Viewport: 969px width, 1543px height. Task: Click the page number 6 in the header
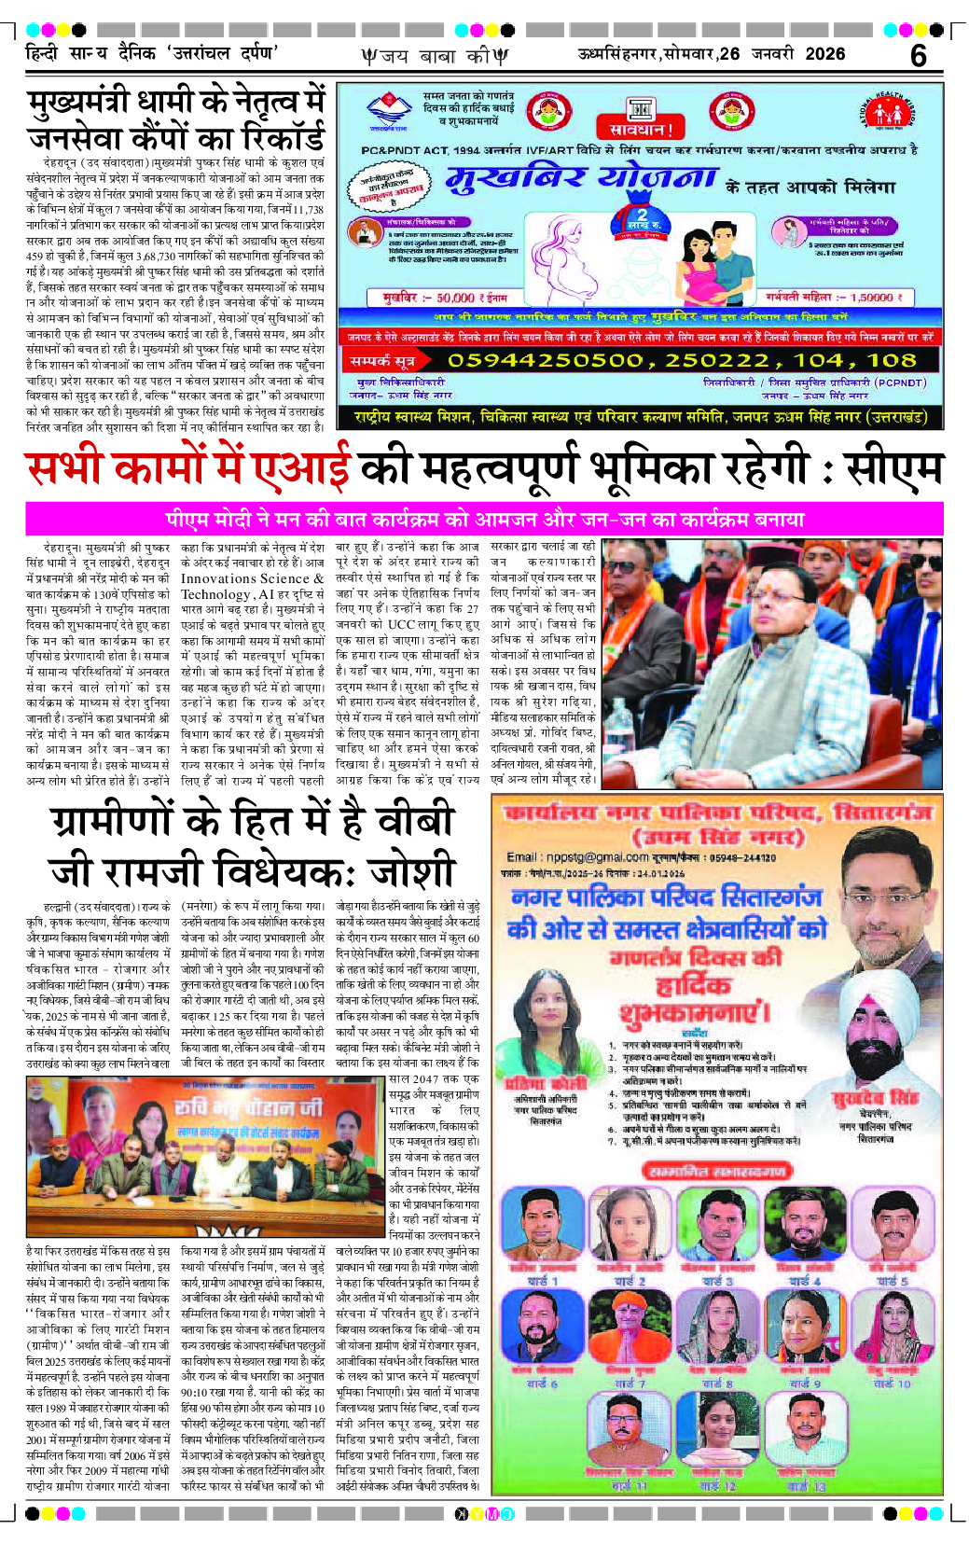918,56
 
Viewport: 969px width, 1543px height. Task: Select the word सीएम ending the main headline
893,470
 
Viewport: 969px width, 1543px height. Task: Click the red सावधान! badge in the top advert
641,128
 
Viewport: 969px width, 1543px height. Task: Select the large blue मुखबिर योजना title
581,178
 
